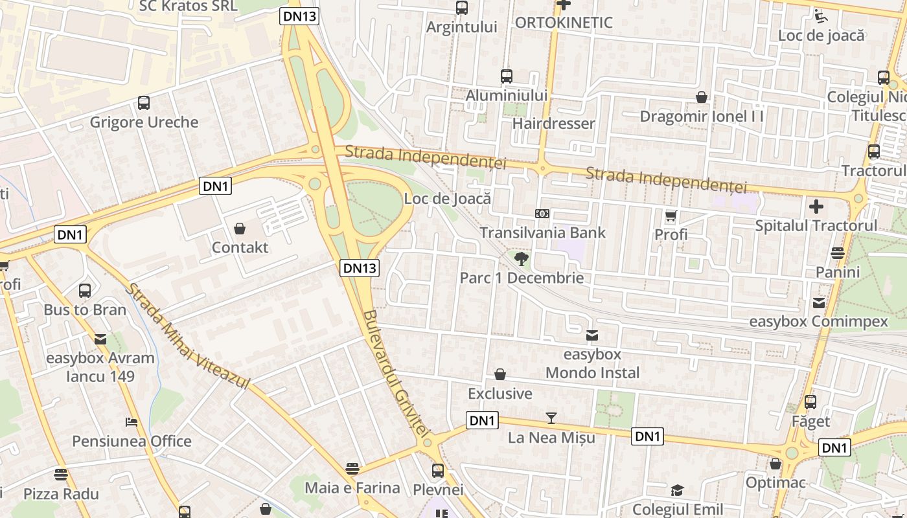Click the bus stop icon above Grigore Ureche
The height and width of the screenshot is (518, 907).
(x=144, y=102)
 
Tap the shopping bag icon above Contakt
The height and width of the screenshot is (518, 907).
(x=240, y=229)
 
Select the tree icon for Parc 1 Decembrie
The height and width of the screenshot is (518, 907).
(x=520, y=260)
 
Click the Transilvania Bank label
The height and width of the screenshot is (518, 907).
(x=542, y=232)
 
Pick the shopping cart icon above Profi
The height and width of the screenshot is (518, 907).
(x=671, y=216)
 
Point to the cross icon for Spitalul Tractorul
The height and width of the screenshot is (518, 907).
(x=816, y=207)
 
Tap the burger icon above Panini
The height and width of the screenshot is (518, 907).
(x=838, y=253)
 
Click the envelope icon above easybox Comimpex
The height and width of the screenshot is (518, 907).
(x=819, y=302)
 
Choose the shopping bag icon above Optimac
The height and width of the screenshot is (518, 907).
(x=775, y=464)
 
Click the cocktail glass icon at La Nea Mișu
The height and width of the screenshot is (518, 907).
(x=551, y=418)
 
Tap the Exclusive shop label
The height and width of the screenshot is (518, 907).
(x=500, y=394)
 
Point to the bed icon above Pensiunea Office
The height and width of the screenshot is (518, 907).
(x=132, y=422)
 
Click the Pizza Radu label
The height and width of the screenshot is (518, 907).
(x=61, y=494)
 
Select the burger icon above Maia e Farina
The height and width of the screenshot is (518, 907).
(x=352, y=468)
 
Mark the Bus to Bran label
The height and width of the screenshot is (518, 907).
(x=85, y=310)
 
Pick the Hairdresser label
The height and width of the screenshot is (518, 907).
(x=553, y=123)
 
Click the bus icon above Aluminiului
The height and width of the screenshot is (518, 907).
(x=507, y=76)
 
